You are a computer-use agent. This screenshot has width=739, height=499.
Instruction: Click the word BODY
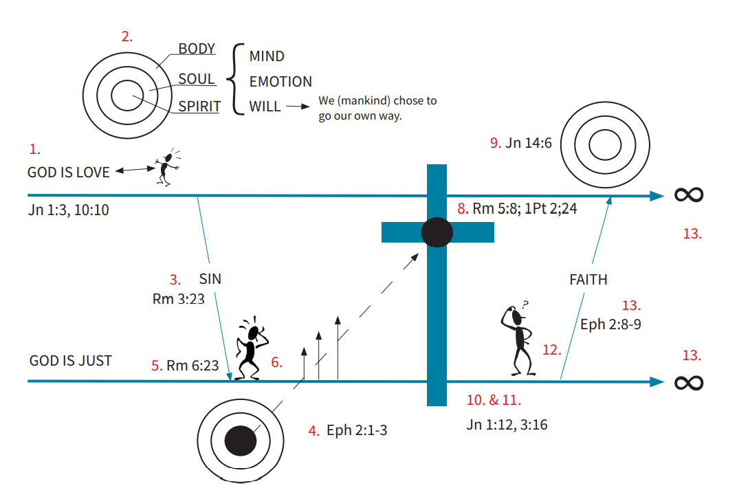pos(197,49)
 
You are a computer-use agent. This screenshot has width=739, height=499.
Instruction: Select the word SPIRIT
pos(199,107)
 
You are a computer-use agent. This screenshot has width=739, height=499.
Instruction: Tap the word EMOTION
pos(280,82)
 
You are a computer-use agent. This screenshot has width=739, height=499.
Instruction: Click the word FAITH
pos(588,280)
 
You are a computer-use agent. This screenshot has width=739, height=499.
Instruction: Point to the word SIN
pos(210,279)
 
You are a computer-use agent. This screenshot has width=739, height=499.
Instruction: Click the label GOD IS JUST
pos(71,361)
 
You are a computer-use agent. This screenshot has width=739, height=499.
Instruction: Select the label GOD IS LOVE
pos(69,172)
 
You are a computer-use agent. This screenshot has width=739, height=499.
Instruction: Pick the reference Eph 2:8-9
pos(610,324)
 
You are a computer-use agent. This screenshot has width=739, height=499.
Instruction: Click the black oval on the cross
pos(437,232)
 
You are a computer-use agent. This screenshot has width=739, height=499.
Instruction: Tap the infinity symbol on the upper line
pos(689,195)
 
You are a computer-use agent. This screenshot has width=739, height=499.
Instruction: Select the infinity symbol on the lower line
pos(689,381)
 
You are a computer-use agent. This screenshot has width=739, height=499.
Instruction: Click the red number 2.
pos(127,37)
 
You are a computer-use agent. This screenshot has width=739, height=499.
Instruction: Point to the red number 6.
pos(276,362)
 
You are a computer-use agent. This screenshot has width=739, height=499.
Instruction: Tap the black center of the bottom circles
pos(241,440)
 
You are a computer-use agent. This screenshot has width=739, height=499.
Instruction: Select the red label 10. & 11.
pos(494,399)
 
